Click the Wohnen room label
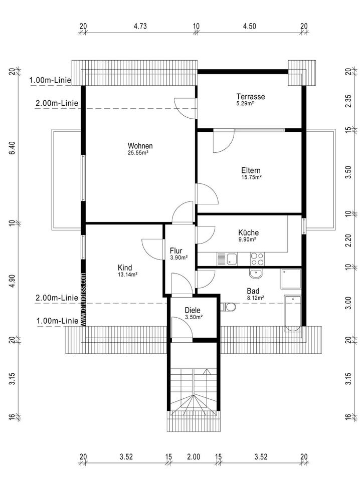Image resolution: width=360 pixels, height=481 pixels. (140, 146)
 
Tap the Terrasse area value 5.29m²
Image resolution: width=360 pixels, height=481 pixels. (245, 104)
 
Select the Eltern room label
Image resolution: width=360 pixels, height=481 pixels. (251, 170)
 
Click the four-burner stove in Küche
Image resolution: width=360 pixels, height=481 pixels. (257, 259)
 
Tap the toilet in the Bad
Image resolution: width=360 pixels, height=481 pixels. (228, 307)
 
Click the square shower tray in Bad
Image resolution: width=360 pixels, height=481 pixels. (291, 279)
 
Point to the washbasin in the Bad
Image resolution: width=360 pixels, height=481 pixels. (255, 274)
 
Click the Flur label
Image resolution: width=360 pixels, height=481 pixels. (176, 251)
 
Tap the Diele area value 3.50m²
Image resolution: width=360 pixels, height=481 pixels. (194, 317)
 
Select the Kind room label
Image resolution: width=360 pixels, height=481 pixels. (125, 268)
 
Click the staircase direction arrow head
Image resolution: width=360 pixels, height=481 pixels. (208, 371)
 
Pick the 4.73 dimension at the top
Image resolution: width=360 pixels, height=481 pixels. (140, 26)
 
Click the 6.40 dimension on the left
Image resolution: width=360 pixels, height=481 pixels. (12, 149)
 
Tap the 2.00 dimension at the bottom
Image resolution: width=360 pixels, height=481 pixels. (194, 457)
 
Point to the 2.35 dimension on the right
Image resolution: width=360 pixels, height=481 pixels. (348, 101)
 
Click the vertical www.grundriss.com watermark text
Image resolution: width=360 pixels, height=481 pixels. (83, 299)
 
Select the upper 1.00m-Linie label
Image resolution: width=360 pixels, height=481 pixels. (50, 80)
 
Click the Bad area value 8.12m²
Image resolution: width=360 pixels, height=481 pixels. (256, 298)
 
